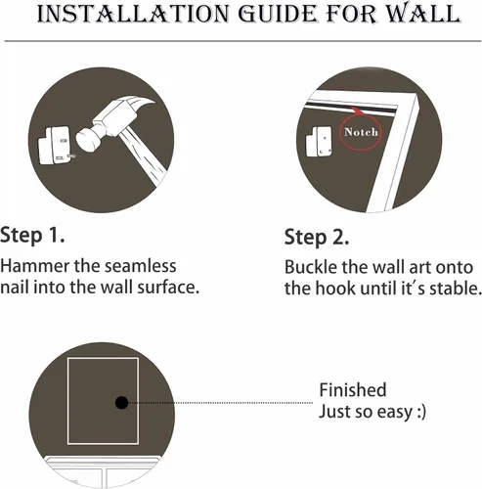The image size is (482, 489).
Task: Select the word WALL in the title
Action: (x=424, y=14)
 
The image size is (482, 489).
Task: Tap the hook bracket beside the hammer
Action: (x=57, y=146)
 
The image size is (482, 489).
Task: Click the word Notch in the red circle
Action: (x=361, y=132)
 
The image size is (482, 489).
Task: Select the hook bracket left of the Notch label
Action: (x=319, y=141)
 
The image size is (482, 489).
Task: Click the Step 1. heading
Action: (x=32, y=236)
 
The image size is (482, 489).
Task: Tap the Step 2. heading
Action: (x=317, y=238)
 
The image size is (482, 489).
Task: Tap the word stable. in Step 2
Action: (x=456, y=289)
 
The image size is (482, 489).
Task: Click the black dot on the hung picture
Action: (x=121, y=403)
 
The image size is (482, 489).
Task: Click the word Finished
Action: (x=353, y=390)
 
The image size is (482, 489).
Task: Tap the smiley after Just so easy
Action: (x=421, y=412)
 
